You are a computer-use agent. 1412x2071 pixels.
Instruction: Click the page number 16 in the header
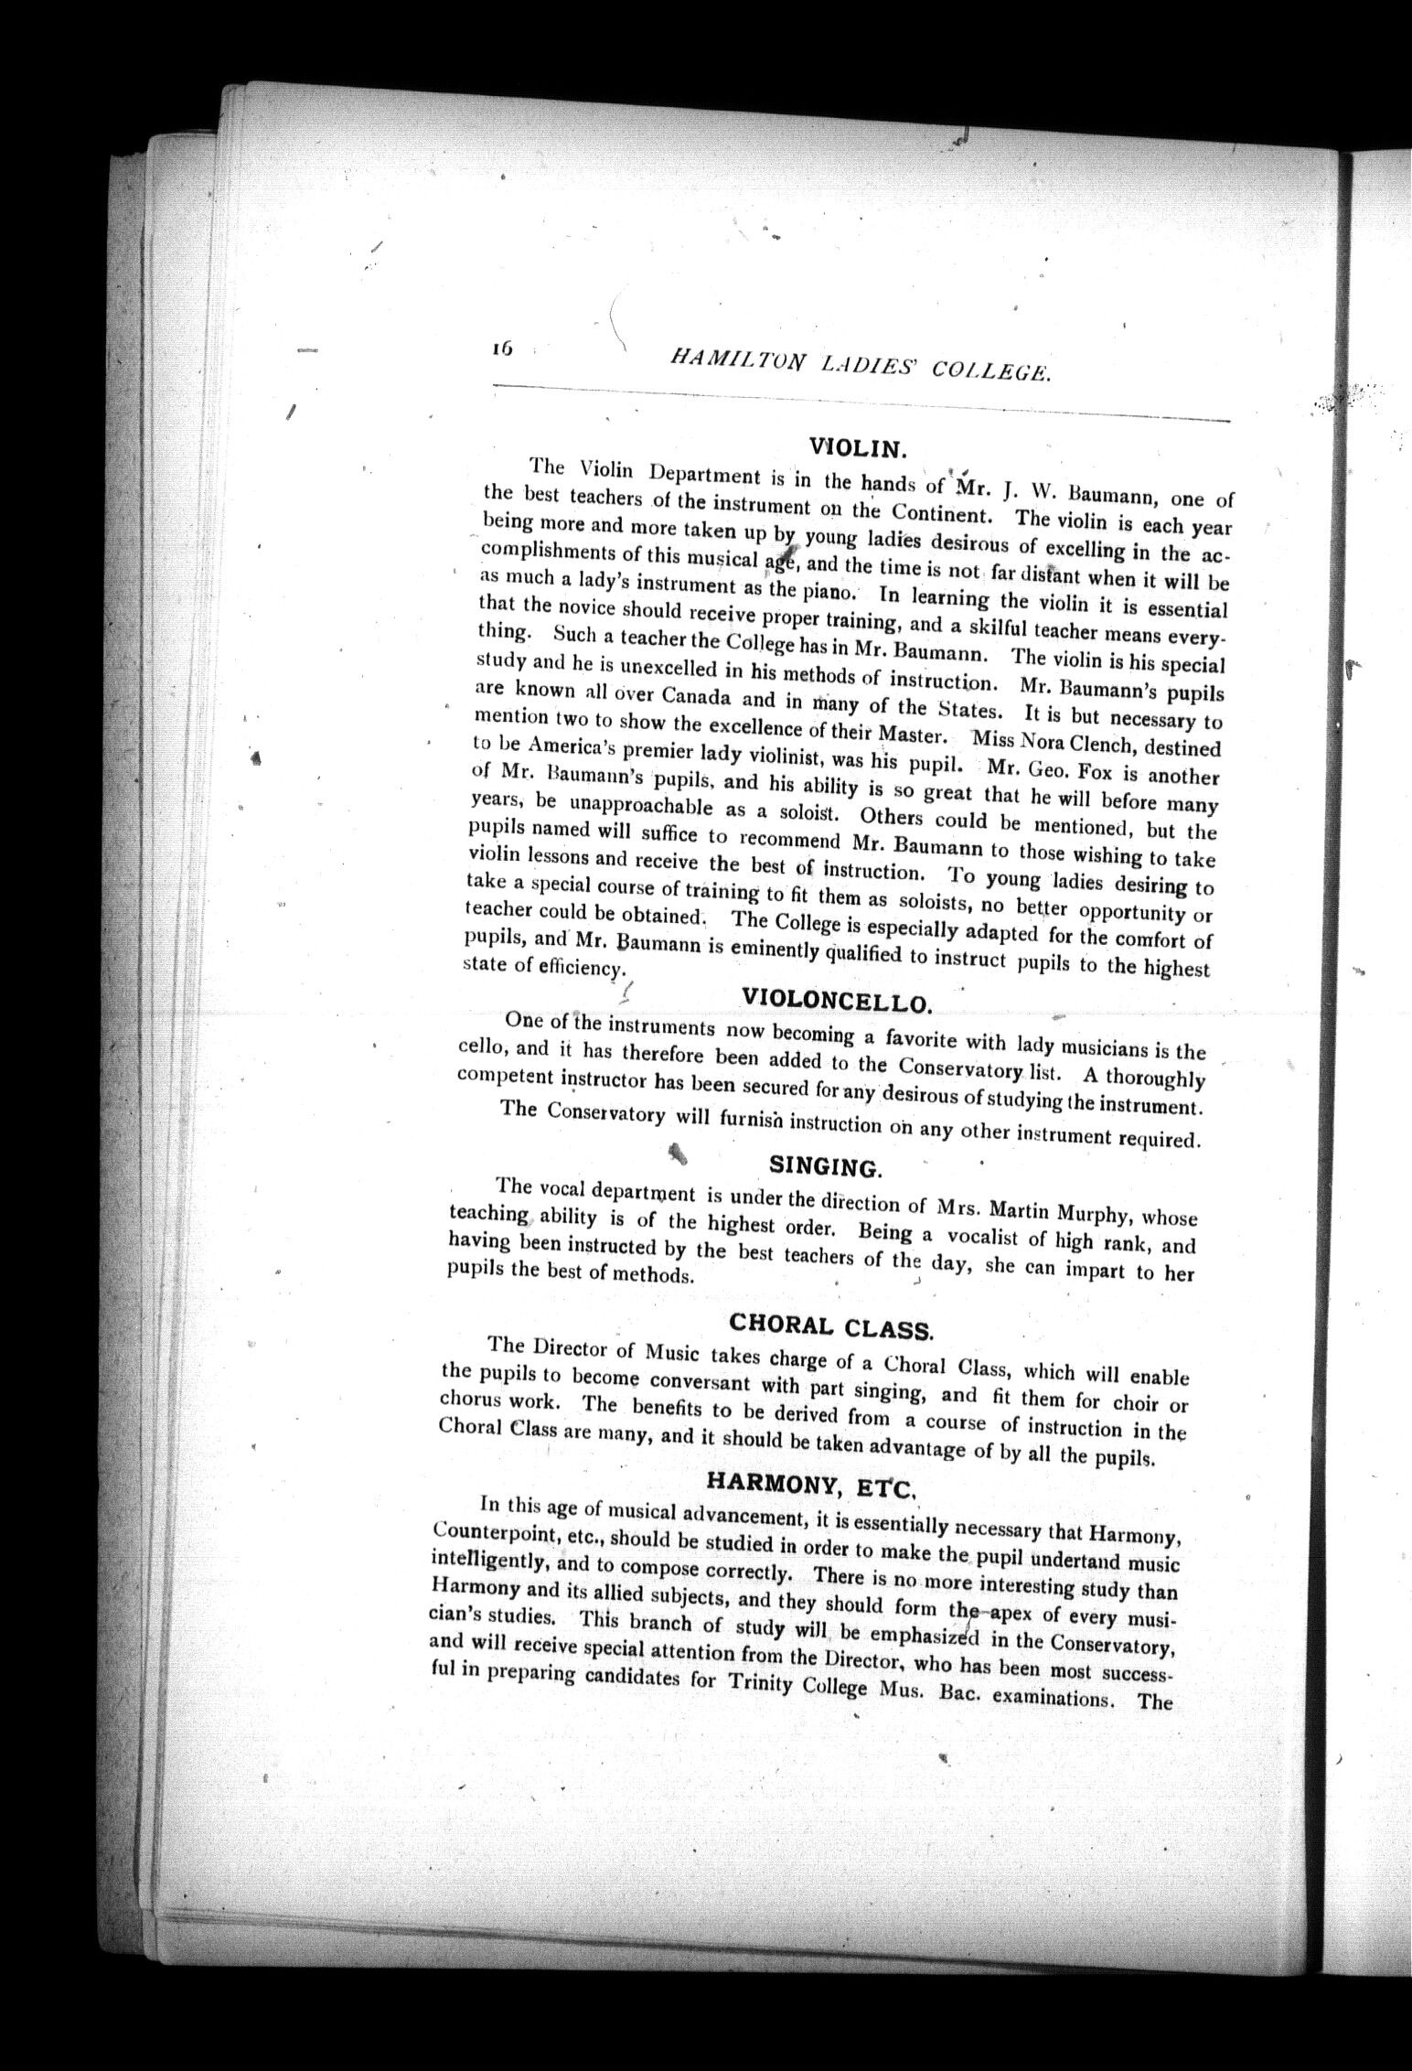pos(503,349)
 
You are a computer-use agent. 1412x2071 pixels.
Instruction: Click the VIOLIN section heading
pos(857,447)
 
